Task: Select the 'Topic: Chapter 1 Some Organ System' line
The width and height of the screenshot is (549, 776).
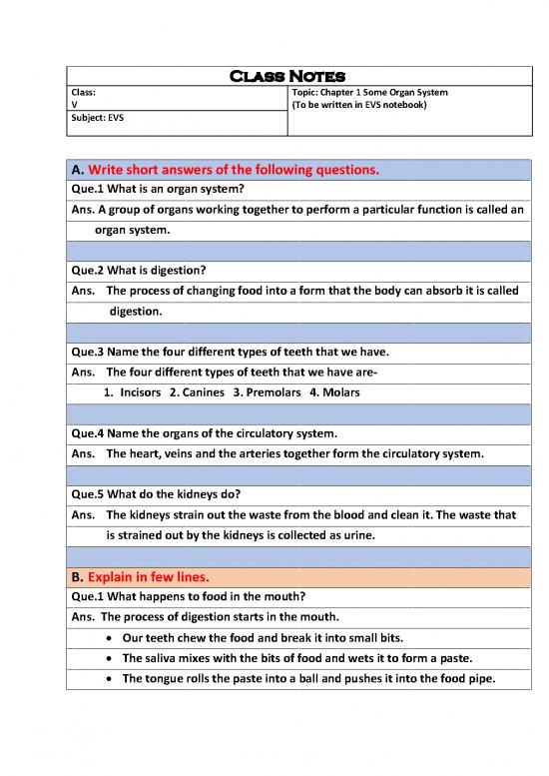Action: pyautogui.click(x=368, y=92)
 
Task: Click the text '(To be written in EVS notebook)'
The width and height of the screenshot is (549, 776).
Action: pyautogui.click(x=359, y=105)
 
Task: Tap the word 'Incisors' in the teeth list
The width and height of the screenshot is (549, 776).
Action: pyautogui.click(x=140, y=392)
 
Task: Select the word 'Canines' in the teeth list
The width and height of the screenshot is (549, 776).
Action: pyautogui.click(x=203, y=392)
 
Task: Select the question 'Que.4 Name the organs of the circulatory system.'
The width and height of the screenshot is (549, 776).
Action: pyautogui.click(x=207, y=434)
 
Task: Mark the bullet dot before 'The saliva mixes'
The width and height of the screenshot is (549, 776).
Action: pyautogui.click(x=108, y=658)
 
